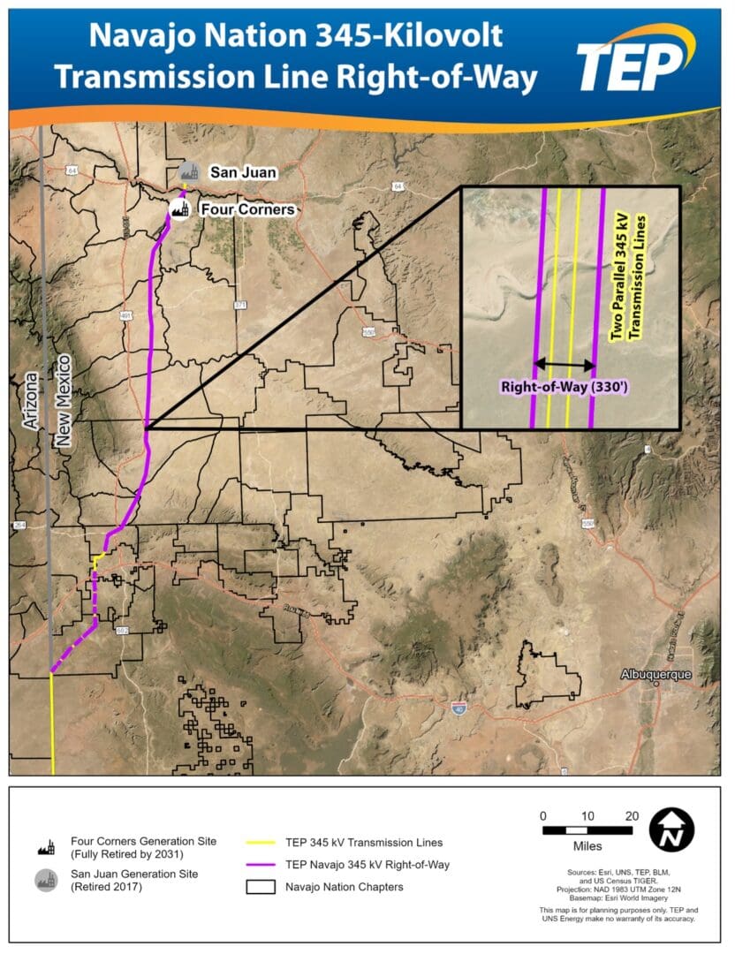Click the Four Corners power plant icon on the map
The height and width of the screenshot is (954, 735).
(180, 210)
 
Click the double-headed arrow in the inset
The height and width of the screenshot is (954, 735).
(565, 363)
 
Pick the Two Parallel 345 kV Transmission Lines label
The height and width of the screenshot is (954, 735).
(634, 277)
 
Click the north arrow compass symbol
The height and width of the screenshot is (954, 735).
(671, 830)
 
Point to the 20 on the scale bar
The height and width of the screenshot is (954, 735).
(631, 814)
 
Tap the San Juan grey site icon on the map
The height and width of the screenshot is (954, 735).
(186, 171)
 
